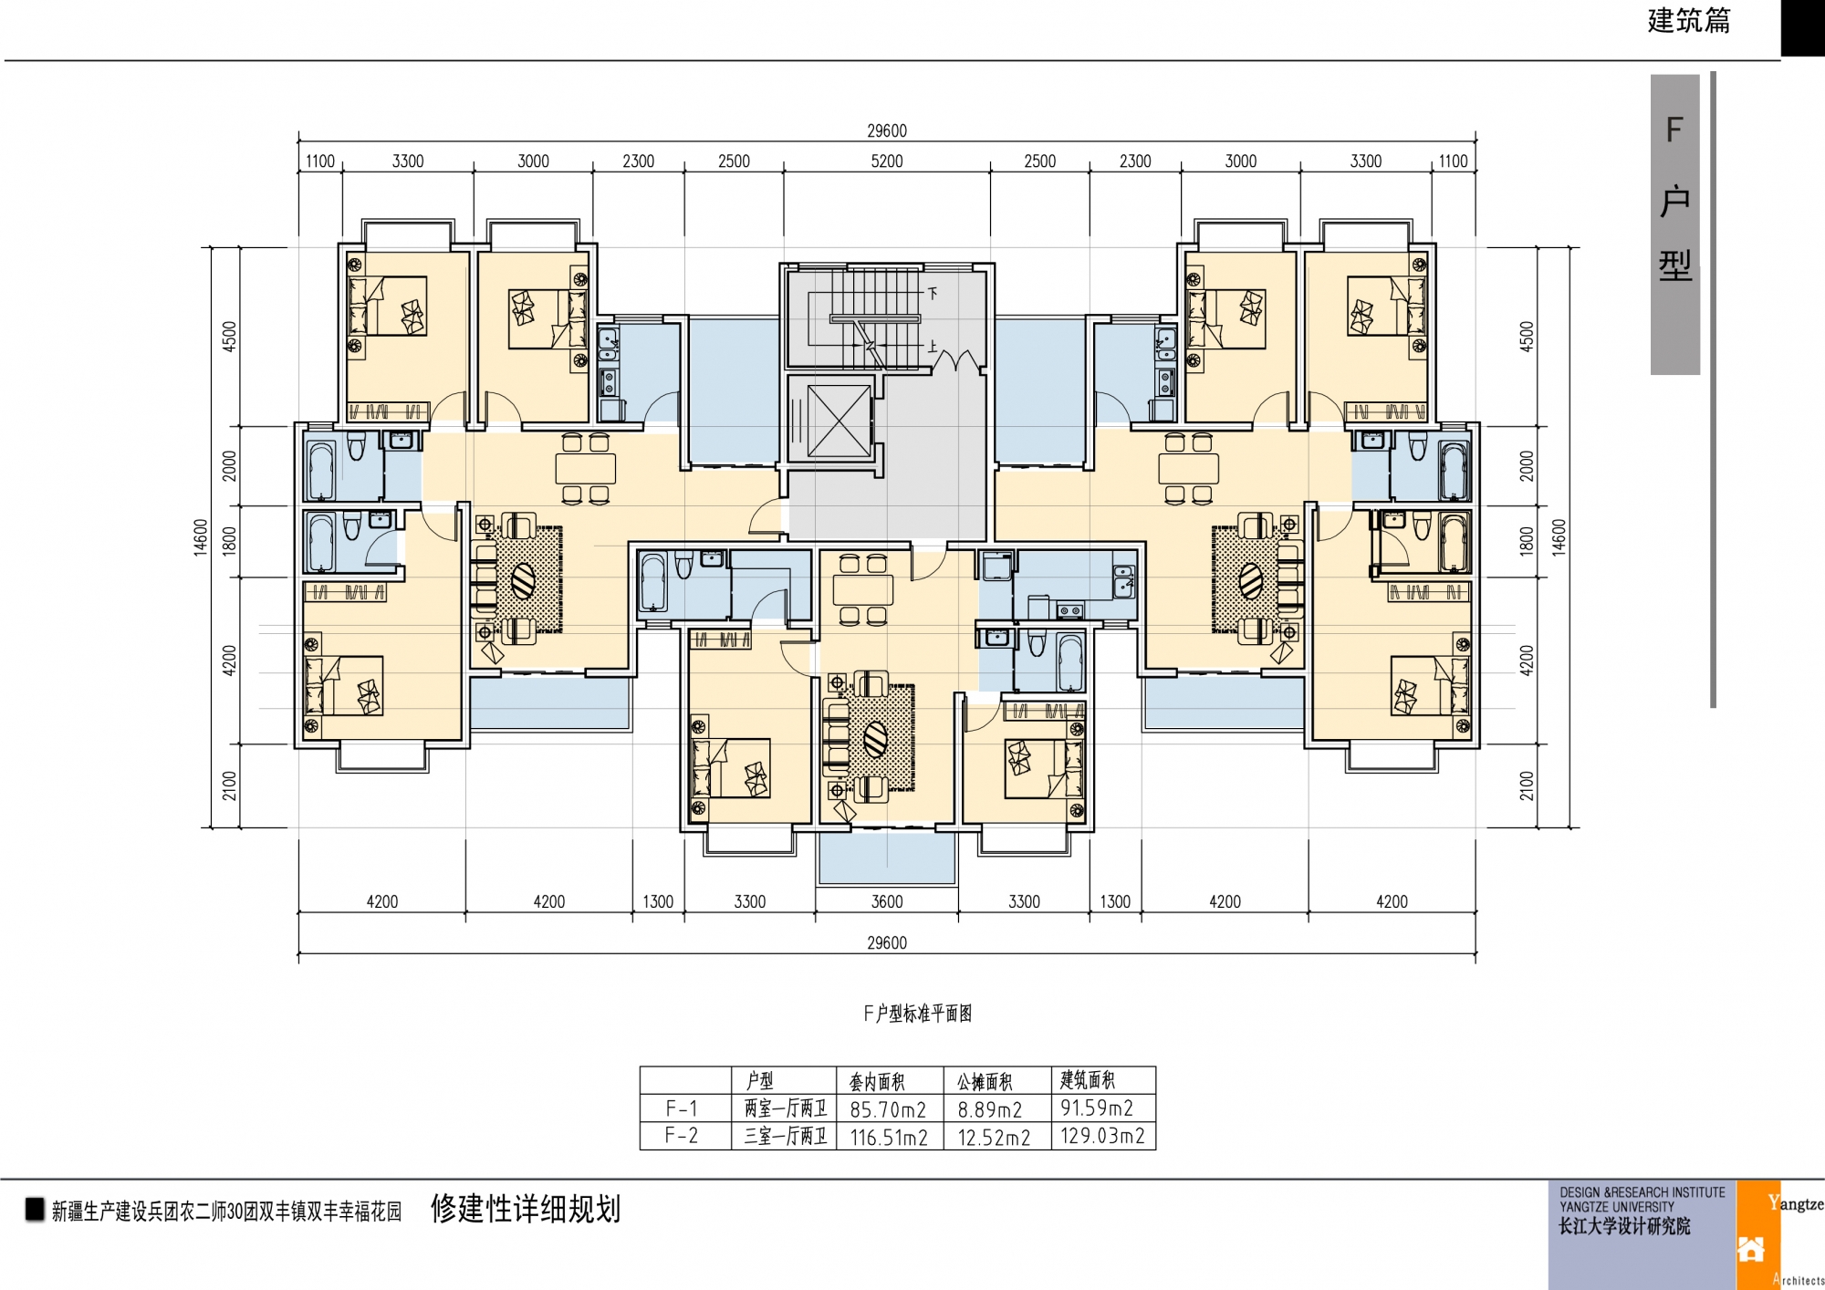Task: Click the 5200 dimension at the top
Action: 886,161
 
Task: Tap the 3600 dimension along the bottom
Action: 886,902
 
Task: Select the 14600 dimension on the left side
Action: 201,537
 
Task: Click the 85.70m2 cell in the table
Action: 888,1110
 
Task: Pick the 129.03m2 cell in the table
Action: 1102,1137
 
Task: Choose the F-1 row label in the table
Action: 682,1109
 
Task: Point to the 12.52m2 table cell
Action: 994,1138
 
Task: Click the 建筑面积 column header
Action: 1088,1080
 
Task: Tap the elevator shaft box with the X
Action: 839,421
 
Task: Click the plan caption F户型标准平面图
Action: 918,1014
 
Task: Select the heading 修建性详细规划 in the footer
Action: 526,1209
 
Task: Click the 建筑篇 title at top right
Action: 1689,21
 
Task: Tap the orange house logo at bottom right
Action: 1750,1248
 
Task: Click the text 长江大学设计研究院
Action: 1624,1227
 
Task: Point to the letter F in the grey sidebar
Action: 1674,130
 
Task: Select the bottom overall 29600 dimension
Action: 886,943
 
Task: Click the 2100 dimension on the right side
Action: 1527,785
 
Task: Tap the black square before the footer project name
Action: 35,1210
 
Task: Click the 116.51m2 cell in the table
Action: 889,1138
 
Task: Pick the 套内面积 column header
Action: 877,1082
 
